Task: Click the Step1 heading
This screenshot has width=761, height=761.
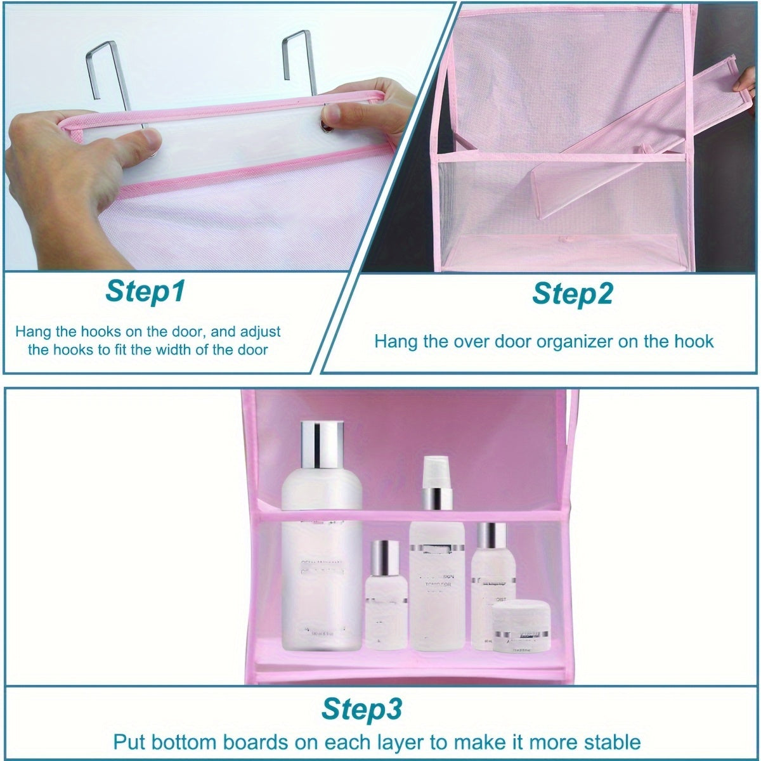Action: [x=145, y=292]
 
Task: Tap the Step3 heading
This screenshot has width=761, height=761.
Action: [x=362, y=708]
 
